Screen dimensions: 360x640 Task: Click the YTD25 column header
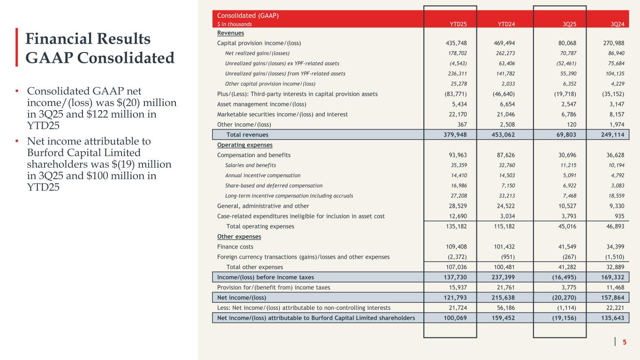click(457, 23)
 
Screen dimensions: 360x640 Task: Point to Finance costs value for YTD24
click(508, 247)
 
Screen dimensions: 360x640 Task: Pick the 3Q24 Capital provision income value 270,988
click(612, 43)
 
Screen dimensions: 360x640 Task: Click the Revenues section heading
click(231, 33)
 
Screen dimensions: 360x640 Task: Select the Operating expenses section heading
click(245, 145)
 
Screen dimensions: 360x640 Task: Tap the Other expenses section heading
click(239, 236)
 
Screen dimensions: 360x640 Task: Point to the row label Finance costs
click(235, 247)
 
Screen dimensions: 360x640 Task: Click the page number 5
click(624, 342)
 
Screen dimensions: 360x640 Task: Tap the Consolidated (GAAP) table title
click(248, 15)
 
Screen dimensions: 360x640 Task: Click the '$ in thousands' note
click(234, 23)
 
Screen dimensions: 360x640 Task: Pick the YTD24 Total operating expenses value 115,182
click(508, 226)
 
